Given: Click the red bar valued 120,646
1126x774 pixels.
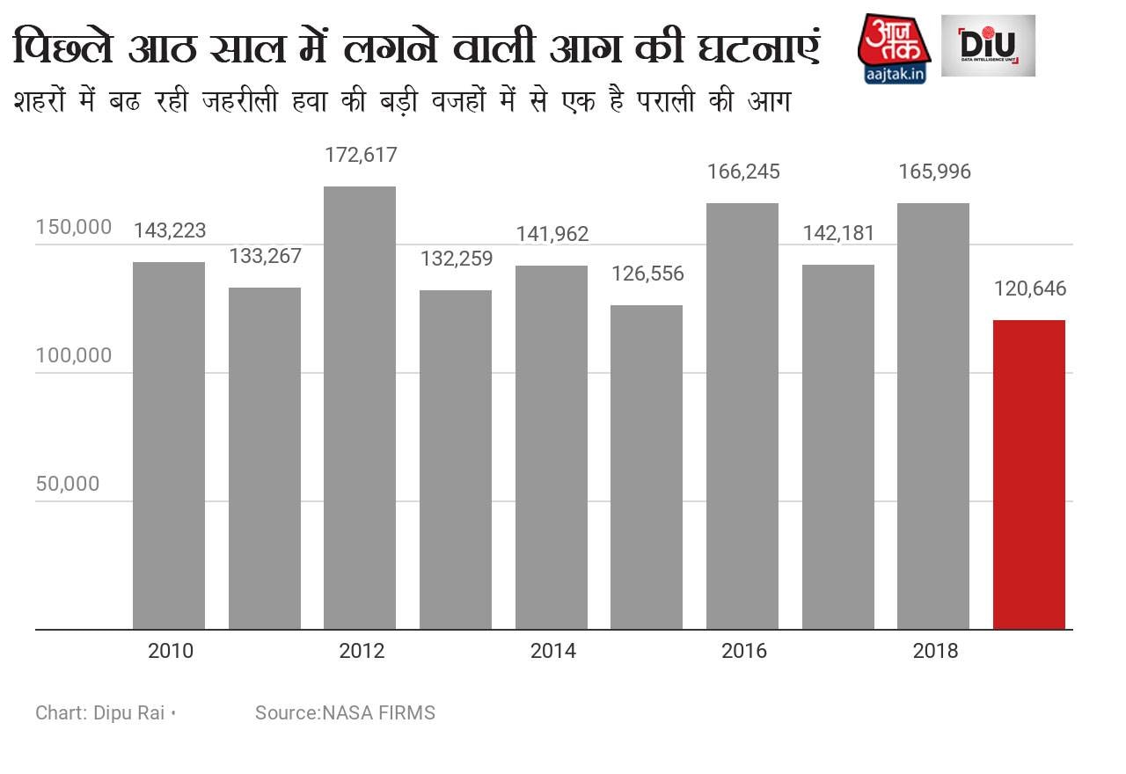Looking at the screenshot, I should coord(1028,475).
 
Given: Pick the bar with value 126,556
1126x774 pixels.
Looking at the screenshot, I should coord(647,467).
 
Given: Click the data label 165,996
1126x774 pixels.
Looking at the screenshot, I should coord(934,172).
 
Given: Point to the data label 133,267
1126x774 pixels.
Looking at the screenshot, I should coord(265,256).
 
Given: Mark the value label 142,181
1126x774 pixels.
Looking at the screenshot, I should coord(838,233).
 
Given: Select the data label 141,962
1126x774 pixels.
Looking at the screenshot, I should coord(552,234).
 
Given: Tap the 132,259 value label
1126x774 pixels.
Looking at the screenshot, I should coord(456,259).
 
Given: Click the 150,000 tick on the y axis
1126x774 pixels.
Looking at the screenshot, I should coord(74,227).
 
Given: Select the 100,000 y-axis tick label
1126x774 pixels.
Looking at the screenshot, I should coord(74,355).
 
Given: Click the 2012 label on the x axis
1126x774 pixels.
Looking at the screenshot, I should coord(362,652).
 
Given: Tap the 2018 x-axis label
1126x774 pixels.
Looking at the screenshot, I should coord(935,652).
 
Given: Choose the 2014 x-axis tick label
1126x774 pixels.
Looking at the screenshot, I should coord(552,652).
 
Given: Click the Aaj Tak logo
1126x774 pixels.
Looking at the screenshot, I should coord(894,48).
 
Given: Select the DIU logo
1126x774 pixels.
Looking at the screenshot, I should coord(988,46).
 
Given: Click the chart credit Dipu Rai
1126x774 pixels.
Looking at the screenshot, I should coord(100,712).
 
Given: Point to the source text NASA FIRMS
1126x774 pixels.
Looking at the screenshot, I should coord(345,712).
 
